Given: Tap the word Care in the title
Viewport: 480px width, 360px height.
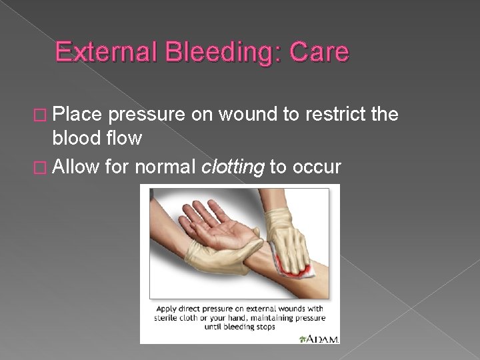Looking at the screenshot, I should coord(318,52).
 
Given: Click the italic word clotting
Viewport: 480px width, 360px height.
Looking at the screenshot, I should coord(233,167).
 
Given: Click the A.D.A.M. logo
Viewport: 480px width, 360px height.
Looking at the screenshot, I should coord(319,337).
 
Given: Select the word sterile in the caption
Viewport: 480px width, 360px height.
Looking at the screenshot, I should coord(168,318).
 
